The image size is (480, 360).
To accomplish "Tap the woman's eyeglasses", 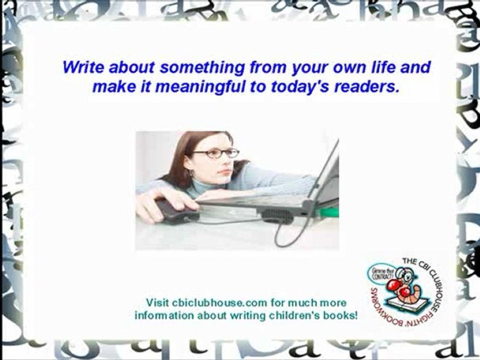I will click(216, 153).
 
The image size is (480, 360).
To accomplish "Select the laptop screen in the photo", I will click(327, 172).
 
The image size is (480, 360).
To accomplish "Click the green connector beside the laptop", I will click(329, 211).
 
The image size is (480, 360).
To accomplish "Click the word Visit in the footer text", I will click(157, 303).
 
